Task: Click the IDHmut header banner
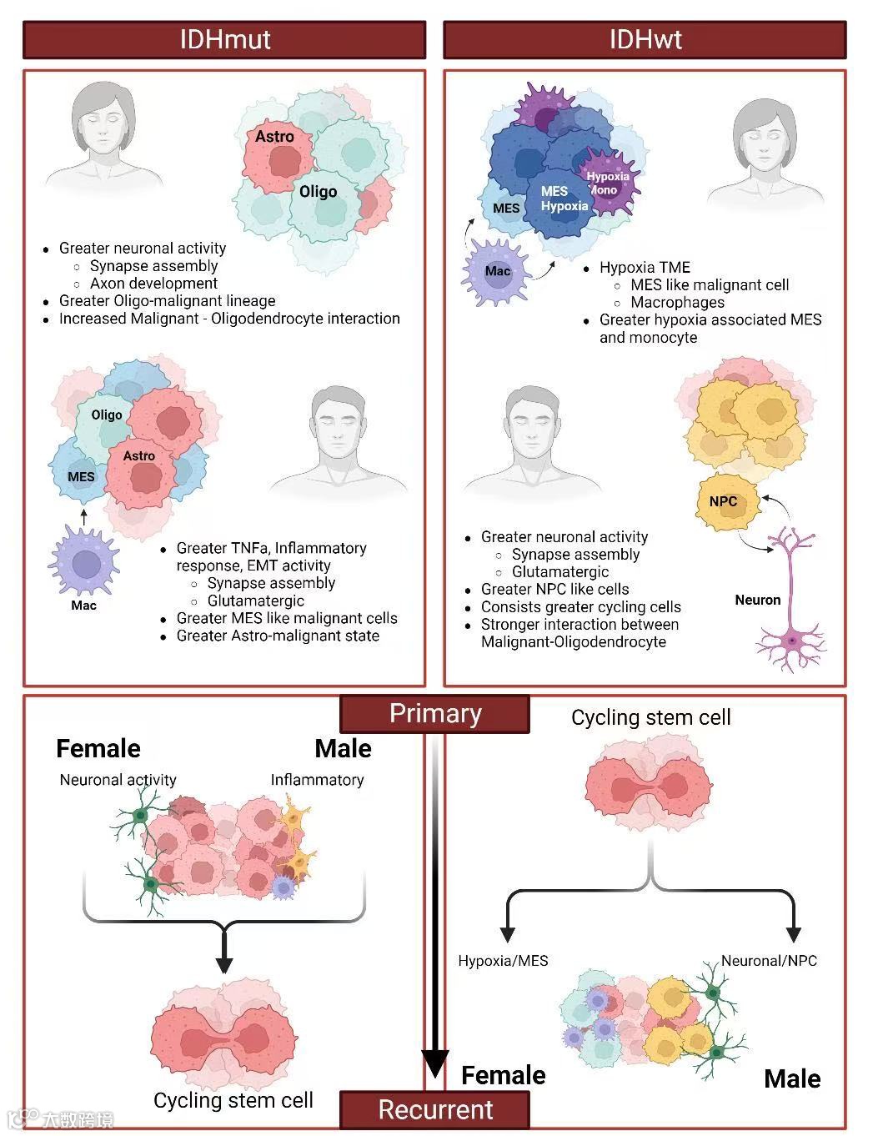(x=224, y=40)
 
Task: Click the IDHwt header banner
(x=645, y=40)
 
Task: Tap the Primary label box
(x=434, y=714)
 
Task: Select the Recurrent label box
(x=434, y=1110)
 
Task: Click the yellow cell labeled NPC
(x=723, y=501)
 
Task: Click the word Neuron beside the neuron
(x=757, y=600)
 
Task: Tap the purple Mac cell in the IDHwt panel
(x=498, y=271)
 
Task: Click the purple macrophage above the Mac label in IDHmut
(x=84, y=564)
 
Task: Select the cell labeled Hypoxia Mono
(x=608, y=183)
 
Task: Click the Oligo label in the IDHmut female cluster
(x=318, y=192)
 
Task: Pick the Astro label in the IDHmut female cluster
(x=274, y=137)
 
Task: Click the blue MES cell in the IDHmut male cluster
(x=81, y=476)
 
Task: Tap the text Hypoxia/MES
(x=503, y=961)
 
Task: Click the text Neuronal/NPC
(x=769, y=961)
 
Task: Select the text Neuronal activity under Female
(x=118, y=780)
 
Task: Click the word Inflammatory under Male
(x=317, y=780)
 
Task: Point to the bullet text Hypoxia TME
(x=645, y=268)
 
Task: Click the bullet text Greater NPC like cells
(x=554, y=589)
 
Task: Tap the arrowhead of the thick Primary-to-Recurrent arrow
(x=434, y=1063)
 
